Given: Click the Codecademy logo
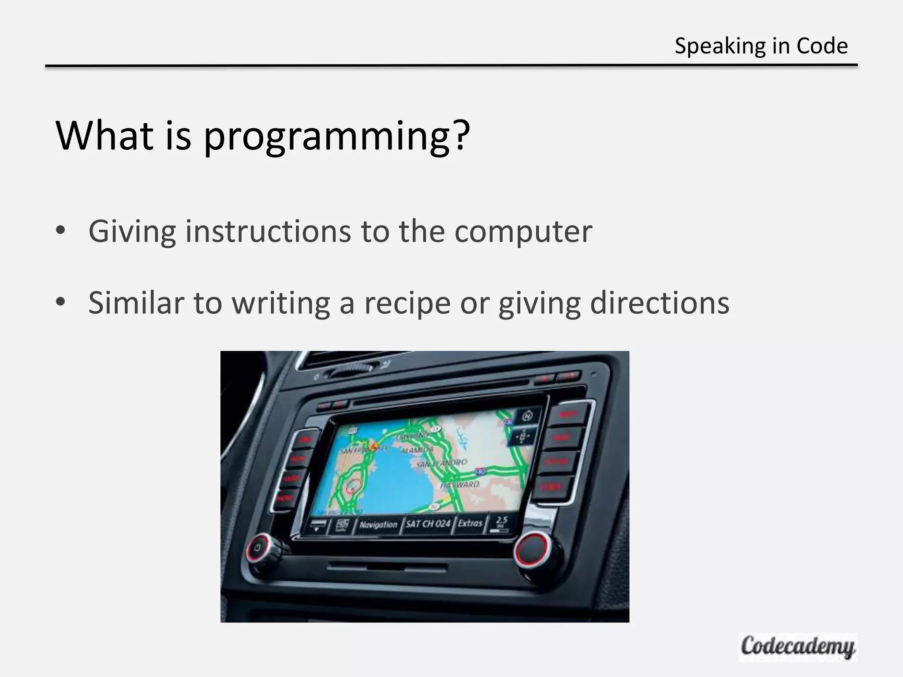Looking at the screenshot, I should (x=798, y=647).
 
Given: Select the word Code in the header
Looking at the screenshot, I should (x=822, y=46).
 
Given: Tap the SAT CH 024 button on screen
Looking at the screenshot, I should (x=428, y=524).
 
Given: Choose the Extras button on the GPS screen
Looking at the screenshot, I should (x=470, y=523).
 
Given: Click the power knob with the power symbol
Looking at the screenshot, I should (x=258, y=548).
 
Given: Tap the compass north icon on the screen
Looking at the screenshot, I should (x=527, y=416).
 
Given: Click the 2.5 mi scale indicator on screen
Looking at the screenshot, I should (x=501, y=522).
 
